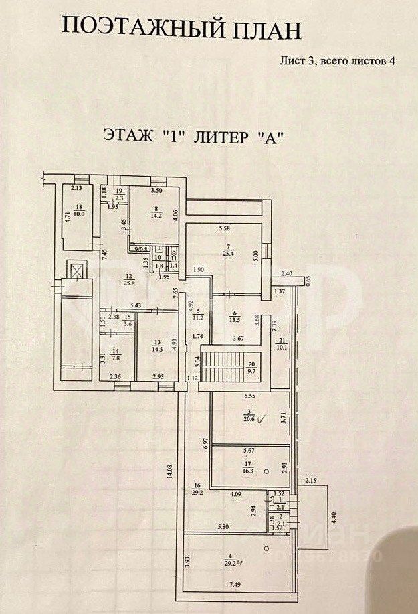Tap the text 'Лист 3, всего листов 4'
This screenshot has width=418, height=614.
pyautogui.click(x=337, y=60)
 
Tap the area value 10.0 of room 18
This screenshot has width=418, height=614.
pyautogui.click(x=79, y=215)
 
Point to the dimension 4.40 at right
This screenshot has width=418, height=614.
pyautogui.click(x=335, y=518)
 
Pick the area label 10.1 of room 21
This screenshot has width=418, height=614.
pyautogui.click(x=281, y=346)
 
